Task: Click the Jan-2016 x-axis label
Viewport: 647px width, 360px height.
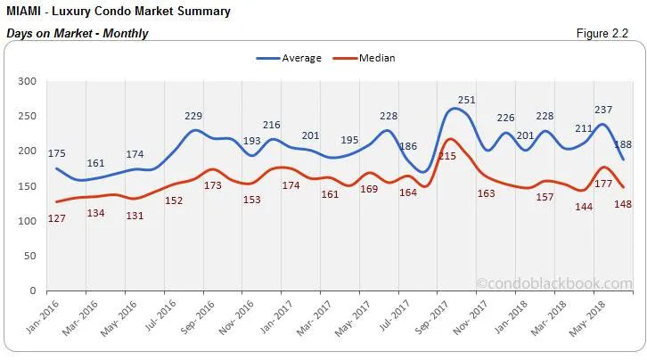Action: [38, 316]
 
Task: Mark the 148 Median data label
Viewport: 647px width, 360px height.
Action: [623, 205]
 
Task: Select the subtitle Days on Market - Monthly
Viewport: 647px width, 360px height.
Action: [77, 34]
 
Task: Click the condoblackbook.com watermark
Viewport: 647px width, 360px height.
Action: [553, 283]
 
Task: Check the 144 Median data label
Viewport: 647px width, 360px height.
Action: [584, 207]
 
